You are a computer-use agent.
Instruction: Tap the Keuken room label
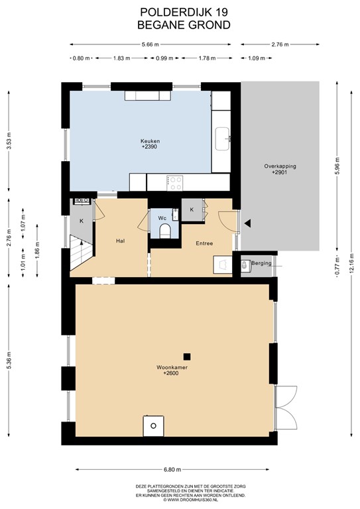(150, 141)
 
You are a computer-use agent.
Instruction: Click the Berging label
(262, 263)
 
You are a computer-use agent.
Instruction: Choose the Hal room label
(121, 241)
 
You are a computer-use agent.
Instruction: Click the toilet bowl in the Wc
(164, 229)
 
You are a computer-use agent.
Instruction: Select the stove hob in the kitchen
(175, 182)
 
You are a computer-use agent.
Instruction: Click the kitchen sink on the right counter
(222, 139)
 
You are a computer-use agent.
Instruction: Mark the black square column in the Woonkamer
(188, 355)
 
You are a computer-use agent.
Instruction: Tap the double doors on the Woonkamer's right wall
(286, 406)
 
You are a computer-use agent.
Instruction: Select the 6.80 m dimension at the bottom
(174, 468)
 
